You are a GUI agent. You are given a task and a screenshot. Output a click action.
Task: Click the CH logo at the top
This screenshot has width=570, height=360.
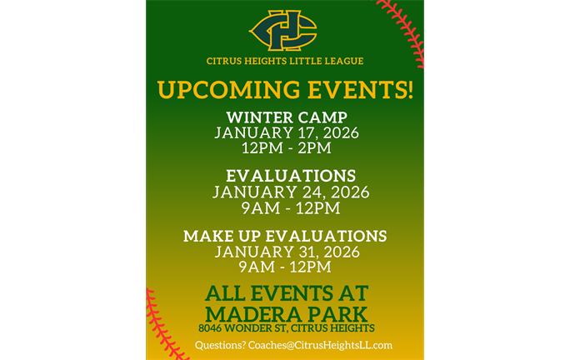coord(284,30)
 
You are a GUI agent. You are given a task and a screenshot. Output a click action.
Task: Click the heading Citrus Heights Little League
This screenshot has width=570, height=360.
coord(285,61)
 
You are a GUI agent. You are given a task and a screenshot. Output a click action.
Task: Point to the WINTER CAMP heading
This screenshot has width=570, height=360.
coord(286,117)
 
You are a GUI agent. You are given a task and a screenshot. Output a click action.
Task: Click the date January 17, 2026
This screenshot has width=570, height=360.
coord(286,132)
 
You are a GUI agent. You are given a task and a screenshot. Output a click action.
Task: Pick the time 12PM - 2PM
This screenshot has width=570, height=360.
coord(286,148)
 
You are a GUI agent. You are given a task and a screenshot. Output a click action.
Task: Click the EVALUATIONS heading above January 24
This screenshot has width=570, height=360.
coord(291,176)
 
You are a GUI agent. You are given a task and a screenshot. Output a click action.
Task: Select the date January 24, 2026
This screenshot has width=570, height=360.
coord(291,192)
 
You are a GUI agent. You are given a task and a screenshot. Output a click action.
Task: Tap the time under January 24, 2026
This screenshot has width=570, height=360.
coord(291,207)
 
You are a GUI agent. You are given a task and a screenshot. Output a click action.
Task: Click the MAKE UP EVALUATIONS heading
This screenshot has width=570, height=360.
coord(285,236)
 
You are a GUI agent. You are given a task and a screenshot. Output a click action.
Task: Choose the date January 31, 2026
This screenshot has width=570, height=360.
coord(285,252)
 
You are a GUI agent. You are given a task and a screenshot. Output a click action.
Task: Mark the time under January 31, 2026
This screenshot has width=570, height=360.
coord(285,267)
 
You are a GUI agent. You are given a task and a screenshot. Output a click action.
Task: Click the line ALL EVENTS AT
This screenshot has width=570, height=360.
coord(286,293)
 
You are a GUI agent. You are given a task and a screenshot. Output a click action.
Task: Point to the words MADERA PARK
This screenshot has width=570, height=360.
coord(286,313)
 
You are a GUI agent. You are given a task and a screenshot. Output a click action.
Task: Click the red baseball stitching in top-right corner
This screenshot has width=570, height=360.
coord(403,29)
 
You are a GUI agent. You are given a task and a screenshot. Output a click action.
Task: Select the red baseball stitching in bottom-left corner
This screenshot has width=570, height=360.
coord(163,325)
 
